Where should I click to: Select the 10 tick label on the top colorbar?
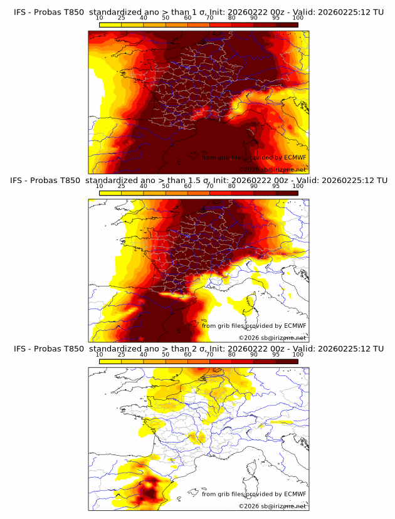99,18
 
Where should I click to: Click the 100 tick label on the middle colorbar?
298,186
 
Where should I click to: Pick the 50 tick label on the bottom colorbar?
166,354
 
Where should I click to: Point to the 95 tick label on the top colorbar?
276,18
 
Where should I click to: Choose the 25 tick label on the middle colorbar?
121,186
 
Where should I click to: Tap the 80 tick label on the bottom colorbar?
232,354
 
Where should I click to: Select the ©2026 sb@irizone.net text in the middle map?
272,337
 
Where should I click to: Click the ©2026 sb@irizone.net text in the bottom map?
272,505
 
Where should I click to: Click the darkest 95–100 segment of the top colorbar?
287,24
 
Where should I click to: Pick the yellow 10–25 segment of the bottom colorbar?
110,360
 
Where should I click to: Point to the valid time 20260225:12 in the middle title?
345,181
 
